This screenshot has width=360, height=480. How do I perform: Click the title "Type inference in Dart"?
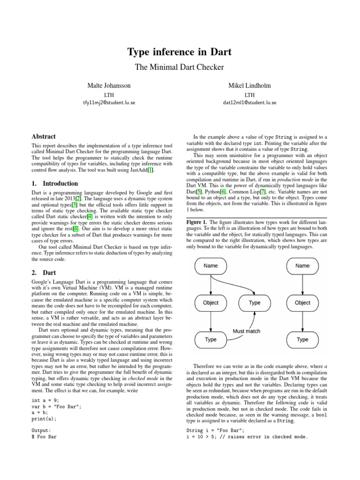pos(180,52)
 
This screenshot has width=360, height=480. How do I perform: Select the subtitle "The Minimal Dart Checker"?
pos(180,67)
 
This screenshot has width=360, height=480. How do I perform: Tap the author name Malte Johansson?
pos(109,86)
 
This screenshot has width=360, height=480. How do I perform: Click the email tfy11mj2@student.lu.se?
pos(109,102)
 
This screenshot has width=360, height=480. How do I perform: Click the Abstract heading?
pos(44,136)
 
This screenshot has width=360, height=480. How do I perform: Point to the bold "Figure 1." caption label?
pos(197,222)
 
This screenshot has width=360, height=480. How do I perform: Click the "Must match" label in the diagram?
pos(247,331)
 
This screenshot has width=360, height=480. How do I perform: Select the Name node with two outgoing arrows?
pos(211,266)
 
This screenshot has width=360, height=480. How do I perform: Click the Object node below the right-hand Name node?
pos(302,303)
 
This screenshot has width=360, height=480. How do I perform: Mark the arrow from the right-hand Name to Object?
pos(302,284)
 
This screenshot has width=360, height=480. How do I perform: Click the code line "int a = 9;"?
pos(45,400)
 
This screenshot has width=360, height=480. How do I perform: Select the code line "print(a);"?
pos(44,419)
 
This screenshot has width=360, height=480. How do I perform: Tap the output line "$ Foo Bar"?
pos(44,436)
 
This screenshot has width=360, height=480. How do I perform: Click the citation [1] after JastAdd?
pos(150,170)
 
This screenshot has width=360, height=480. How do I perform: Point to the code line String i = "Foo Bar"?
pos(215,430)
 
